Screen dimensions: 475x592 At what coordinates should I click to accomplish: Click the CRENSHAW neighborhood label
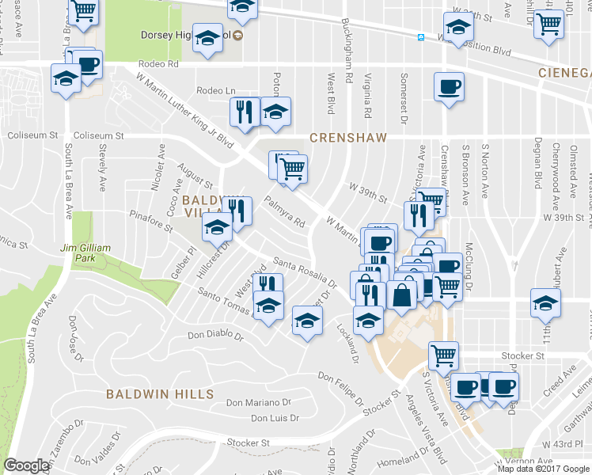click(x=348, y=138)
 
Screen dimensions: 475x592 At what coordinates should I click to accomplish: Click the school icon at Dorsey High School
click(x=208, y=38)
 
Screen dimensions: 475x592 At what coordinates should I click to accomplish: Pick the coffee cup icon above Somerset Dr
click(x=449, y=85)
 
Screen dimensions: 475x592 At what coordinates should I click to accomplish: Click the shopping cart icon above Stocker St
click(x=443, y=354)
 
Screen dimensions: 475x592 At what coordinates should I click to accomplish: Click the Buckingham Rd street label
click(x=346, y=48)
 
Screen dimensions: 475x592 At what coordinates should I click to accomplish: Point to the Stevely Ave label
click(x=102, y=173)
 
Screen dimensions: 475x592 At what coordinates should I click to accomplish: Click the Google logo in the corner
click(x=26, y=465)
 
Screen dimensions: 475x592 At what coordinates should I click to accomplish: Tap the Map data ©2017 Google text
click(x=543, y=469)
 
